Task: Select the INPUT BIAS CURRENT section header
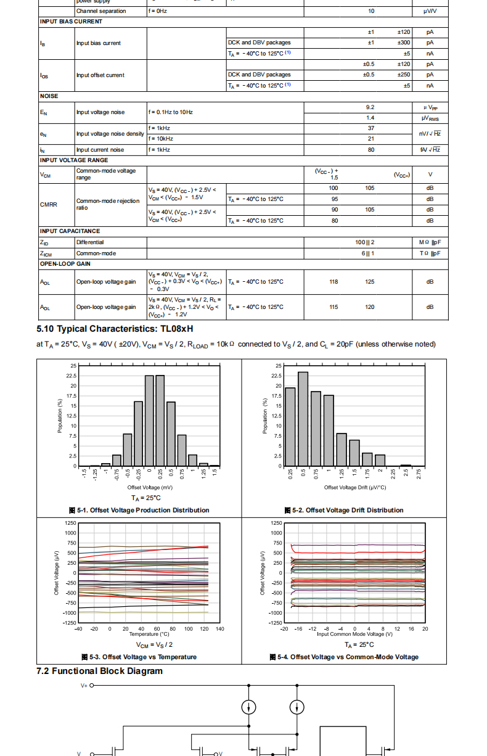(71, 22)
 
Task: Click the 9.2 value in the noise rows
(370, 107)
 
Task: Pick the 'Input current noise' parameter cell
(100, 150)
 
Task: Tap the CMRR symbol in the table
(49, 204)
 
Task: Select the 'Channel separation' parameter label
(101, 11)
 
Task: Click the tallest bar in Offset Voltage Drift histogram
(303, 419)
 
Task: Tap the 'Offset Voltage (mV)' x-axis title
(146, 488)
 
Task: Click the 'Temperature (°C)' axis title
(149, 634)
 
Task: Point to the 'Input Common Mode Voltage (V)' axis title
(354, 634)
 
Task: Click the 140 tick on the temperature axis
(220, 629)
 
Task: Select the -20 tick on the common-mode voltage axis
(284, 629)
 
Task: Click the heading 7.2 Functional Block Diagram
(99, 671)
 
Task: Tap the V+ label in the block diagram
(84, 685)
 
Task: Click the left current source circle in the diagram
(249, 707)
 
